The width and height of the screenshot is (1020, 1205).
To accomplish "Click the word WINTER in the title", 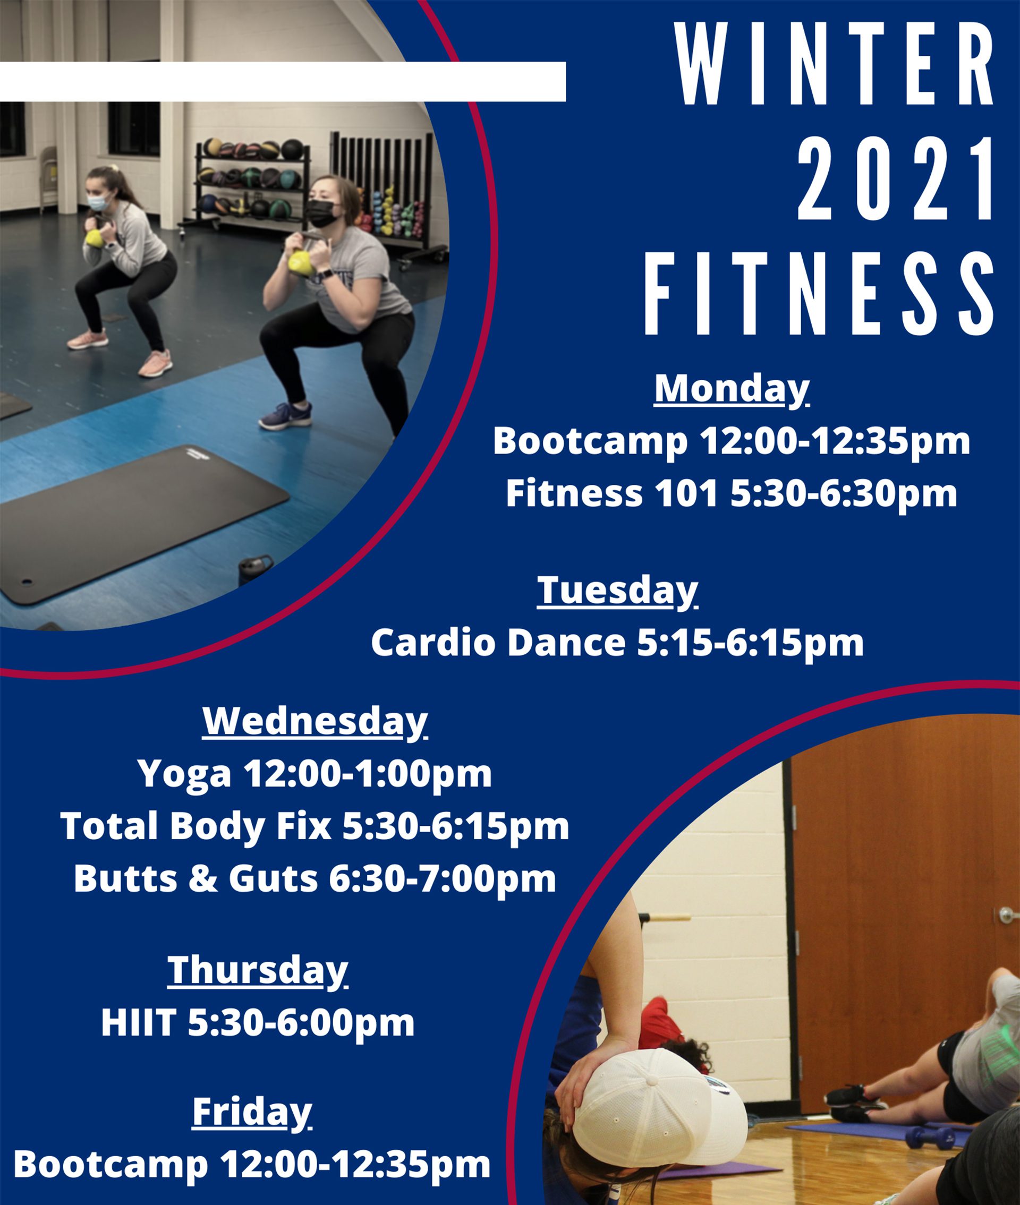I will tap(837, 65).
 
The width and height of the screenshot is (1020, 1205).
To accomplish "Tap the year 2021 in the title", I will tap(895, 180).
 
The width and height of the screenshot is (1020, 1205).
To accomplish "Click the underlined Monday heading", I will tap(731, 389).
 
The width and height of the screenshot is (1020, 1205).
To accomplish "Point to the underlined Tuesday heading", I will tap(617, 590).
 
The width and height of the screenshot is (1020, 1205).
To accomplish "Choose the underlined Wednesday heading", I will tap(314, 721).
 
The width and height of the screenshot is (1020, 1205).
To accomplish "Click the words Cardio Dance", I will tap(497, 643).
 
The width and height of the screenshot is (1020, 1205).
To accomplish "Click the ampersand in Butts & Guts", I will tap(204, 878).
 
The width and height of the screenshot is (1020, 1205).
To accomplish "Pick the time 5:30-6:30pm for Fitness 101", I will tap(844, 494).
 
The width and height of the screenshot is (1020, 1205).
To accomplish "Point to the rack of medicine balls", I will tap(251, 182).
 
